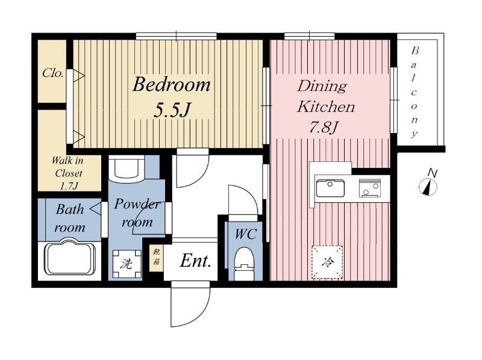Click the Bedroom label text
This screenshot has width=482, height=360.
[x=172, y=84]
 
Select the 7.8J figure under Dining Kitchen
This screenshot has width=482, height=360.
[x=324, y=126]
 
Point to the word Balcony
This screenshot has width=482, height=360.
[x=415, y=92]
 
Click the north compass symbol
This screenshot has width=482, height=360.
[x=428, y=184]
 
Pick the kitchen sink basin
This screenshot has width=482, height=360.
[x=330, y=188]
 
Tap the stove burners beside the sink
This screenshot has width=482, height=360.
[x=370, y=188]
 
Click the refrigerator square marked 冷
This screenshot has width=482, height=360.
[x=327, y=262]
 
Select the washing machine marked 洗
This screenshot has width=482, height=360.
[x=127, y=264]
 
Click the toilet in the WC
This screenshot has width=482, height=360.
[x=245, y=265]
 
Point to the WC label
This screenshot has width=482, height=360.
[x=245, y=234]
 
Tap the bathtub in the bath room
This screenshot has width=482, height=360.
[x=69, y=257]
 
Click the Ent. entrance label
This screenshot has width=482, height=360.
[x=195, y=261]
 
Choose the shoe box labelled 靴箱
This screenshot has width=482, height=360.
[x=157, y=257]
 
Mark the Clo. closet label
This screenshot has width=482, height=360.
[x=53, y=73]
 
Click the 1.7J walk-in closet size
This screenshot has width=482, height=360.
[x=69, y=186]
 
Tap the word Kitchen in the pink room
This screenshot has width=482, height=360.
[x=326, y=107]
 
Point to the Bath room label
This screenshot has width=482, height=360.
[x=70, y=219]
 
